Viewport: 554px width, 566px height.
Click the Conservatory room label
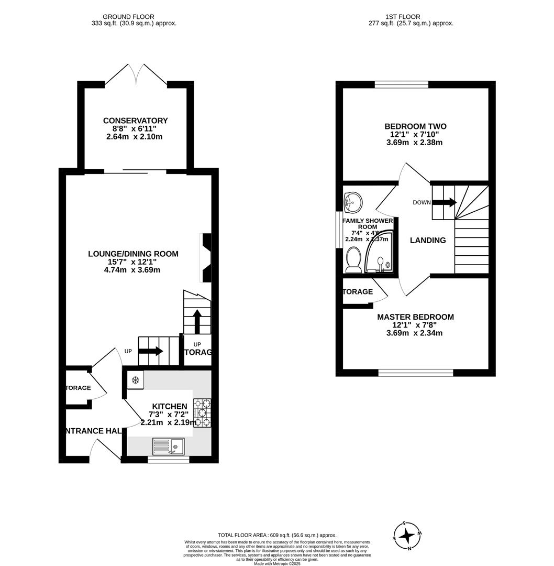click(135, 121)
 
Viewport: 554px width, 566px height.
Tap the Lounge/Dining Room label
click(132, 254)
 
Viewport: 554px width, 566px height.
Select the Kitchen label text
click(169, 407)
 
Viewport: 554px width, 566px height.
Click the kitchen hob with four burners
click(202, 412)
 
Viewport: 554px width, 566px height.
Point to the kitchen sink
click(168, 447)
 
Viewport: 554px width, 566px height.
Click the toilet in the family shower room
click(353, 259)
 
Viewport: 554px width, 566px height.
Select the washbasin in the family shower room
click(353, 200)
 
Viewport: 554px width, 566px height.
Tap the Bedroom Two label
click(415, 126)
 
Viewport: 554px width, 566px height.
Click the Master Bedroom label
click(415, 317)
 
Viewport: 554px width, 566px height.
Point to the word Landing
click(428, 241)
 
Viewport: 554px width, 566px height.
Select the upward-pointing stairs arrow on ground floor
click(197, 321)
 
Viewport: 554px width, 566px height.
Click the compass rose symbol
click(407, 536)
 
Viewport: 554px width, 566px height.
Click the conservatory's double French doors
click(136, 74)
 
